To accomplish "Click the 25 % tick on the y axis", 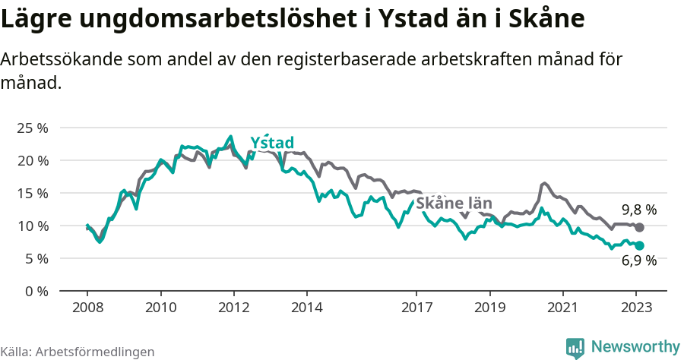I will (32, 128).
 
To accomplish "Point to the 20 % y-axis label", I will (32, 160).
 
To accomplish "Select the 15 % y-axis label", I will (32, 193).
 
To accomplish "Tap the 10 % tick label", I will (32, 226).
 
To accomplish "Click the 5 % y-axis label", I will (35, 258).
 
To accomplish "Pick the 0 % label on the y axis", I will (35, 291).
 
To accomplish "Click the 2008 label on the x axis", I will (87, 308).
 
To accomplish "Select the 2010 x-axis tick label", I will (160, 308).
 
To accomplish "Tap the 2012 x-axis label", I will (233, 308).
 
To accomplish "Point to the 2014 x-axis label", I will (306, 308).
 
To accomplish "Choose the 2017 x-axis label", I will (416, 308).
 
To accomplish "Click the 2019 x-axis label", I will (489, 308).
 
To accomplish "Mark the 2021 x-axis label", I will (562, 308).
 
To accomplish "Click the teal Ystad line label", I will (272, 143).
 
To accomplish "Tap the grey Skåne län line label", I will (454, 204).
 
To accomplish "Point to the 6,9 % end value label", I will (638, 262).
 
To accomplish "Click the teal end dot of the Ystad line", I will (640, 245).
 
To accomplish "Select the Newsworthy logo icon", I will (575, 347).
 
